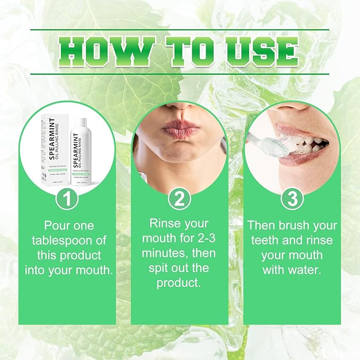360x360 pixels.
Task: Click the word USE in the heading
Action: [x=258, y=52]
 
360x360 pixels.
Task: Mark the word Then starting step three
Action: [x=262, y=226]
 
